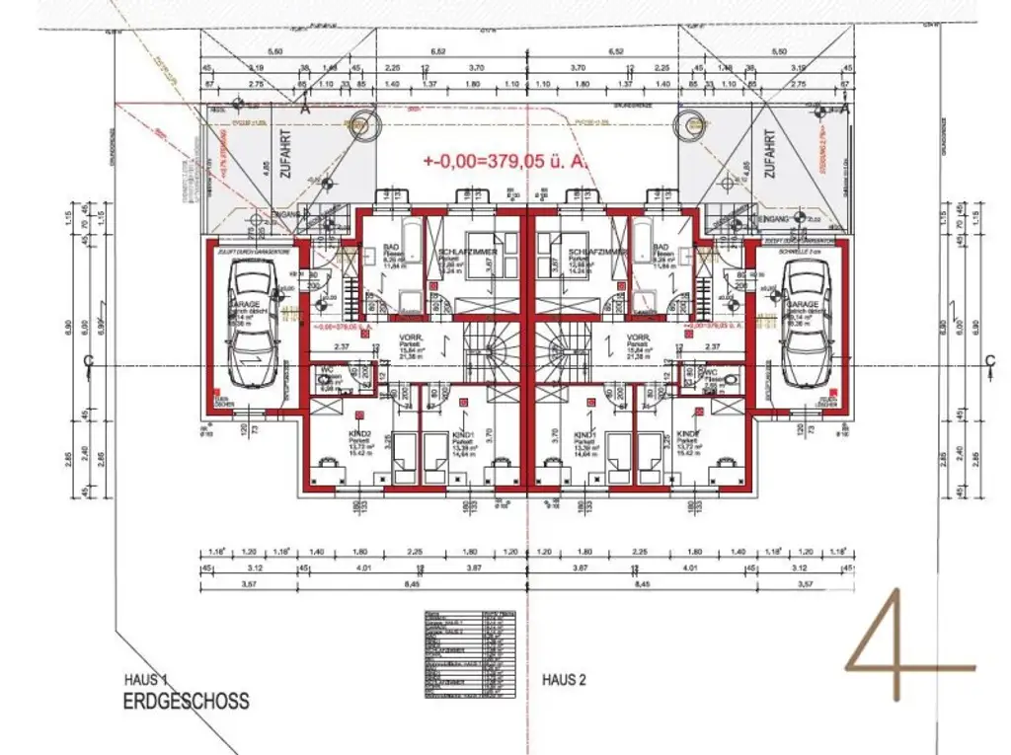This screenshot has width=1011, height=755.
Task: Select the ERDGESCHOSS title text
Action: tap(186, 702)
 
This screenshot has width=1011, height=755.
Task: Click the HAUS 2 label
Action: tap(564, 680)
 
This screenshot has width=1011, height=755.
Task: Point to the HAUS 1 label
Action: tap(148, 680)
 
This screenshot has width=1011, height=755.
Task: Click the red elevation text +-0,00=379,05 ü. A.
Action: tap(506, 160)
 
